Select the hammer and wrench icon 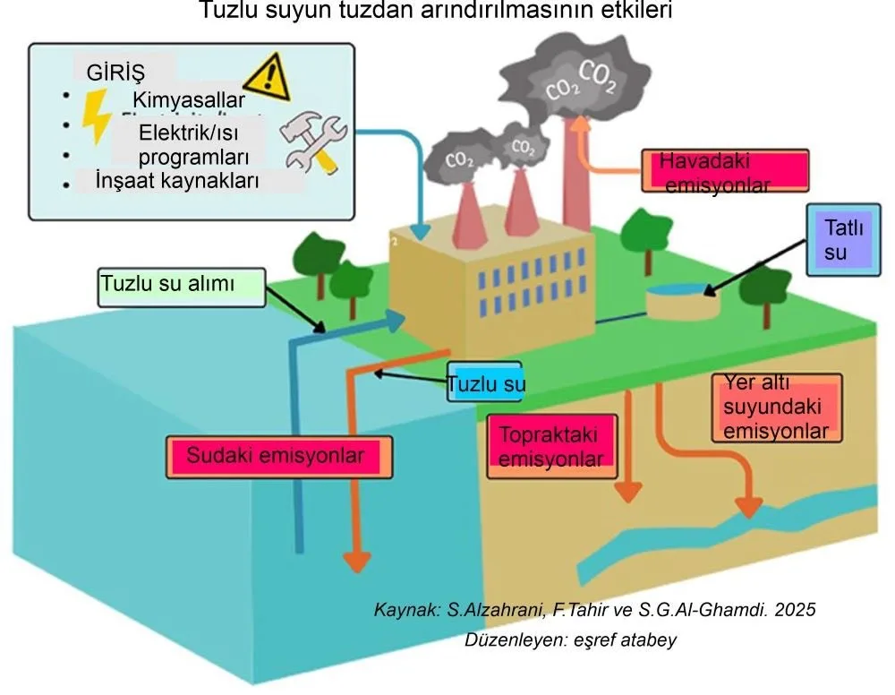point(313,143)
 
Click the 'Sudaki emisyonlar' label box point(278,456)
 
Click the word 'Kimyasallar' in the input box point(188,100)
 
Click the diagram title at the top point(436,12)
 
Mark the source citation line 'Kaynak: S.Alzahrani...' point(595,610)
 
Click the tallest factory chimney point(571,170)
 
